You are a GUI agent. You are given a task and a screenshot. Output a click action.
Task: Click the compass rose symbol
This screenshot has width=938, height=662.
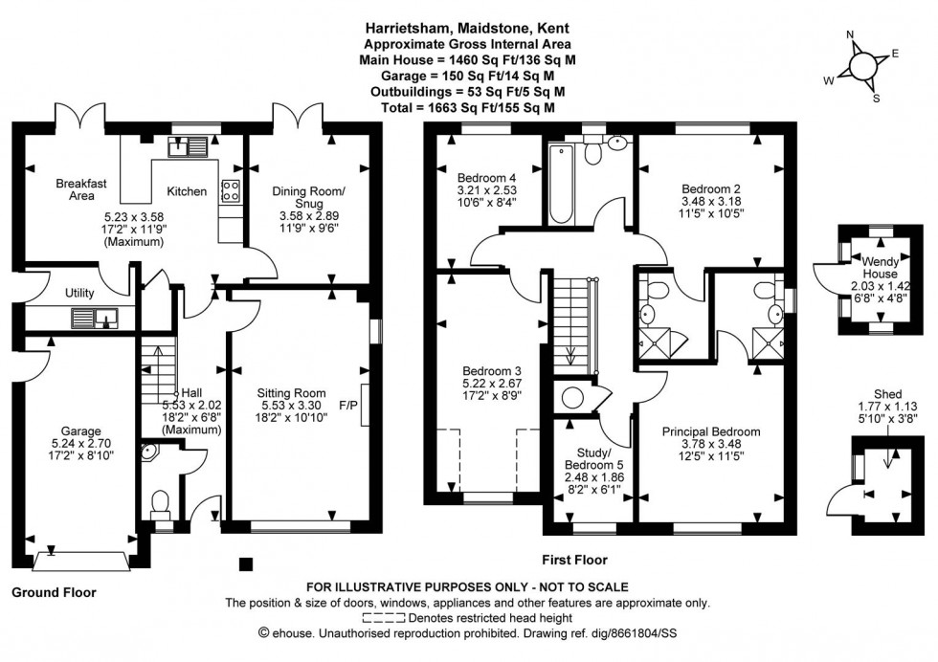coord(861,65)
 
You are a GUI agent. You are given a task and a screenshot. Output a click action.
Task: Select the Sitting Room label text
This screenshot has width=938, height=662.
coord(291,392)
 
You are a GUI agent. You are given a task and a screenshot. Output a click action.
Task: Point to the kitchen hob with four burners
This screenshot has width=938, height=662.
coord(231,189)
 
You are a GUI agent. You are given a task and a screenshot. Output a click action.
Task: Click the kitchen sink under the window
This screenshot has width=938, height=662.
coord(188,146)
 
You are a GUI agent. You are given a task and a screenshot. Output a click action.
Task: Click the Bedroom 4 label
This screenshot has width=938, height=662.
coord(486,177)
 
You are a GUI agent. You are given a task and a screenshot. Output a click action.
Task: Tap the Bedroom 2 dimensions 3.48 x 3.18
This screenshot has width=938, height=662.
coord(711,202)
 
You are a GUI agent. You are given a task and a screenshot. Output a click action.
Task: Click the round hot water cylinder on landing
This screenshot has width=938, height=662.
coord(574,397)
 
